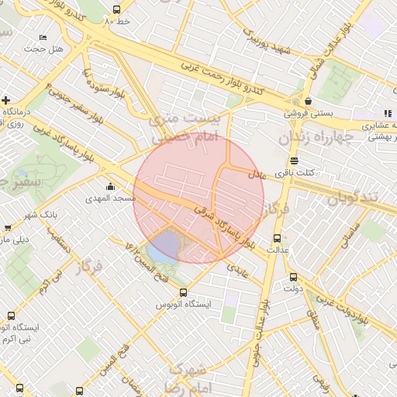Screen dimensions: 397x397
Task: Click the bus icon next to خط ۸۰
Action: (x=116, y=10)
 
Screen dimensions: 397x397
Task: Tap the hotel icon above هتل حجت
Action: (x=43, y=37)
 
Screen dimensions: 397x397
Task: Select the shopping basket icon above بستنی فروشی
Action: (x=308, y=101)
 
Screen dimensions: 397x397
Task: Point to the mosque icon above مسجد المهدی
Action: (x=110, y=186)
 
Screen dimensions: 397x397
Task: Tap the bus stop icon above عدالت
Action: (x=278, y=237)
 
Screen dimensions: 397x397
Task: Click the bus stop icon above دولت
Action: (x=292, y=277)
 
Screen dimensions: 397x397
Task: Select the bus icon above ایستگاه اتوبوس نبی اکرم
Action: (x=11, y=316)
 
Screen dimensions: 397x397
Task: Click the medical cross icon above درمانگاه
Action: (x=5, y=100)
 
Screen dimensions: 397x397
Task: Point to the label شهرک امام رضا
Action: (x=187, y=377)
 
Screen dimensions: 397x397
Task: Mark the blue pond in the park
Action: (x=163, y=249)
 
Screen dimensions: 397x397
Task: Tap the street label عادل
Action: (x=256, y=176)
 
